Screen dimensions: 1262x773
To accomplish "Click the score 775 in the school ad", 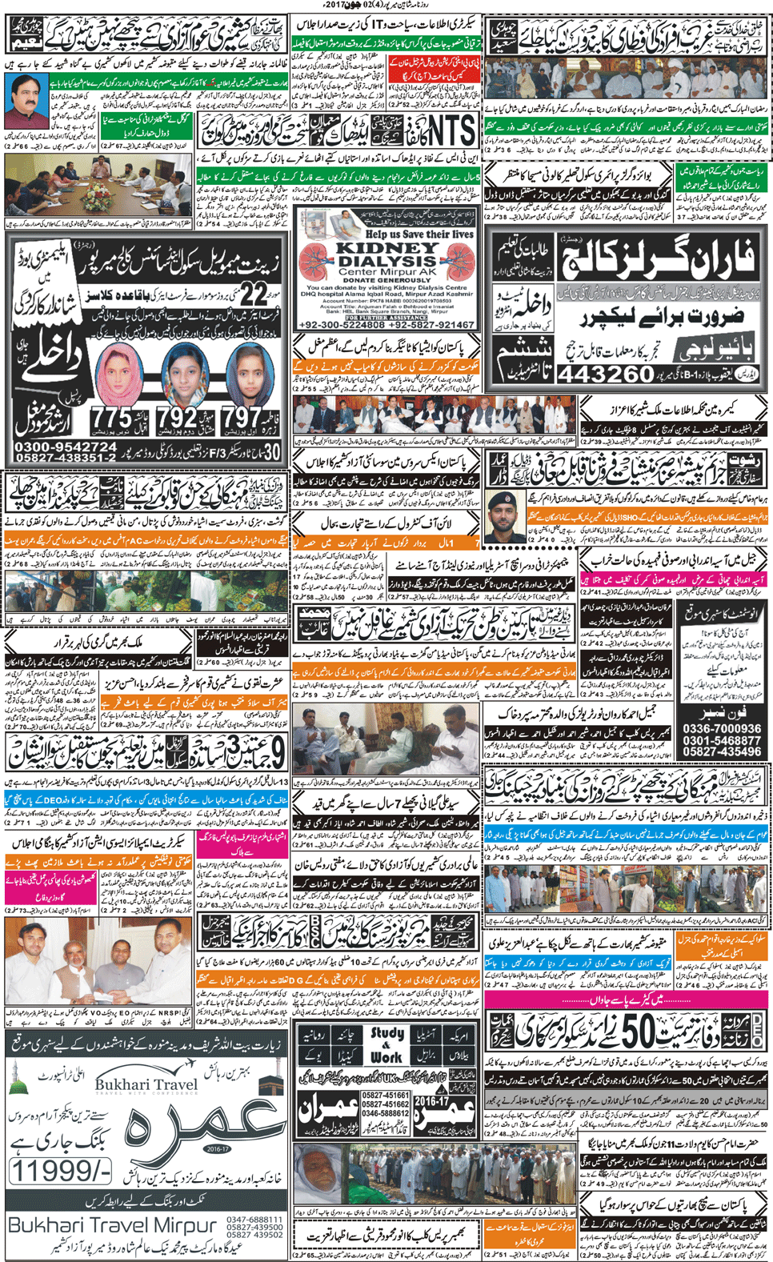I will tap(111, 417).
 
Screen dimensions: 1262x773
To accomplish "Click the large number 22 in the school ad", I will tap(254, 294).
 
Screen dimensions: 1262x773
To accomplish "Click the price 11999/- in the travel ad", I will tap(61, 1172).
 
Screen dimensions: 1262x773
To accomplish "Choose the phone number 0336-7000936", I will tap(722, 729).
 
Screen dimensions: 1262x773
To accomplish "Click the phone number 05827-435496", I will tap(722, 752).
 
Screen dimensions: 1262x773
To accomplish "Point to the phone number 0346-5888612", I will tap(385, 1113).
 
